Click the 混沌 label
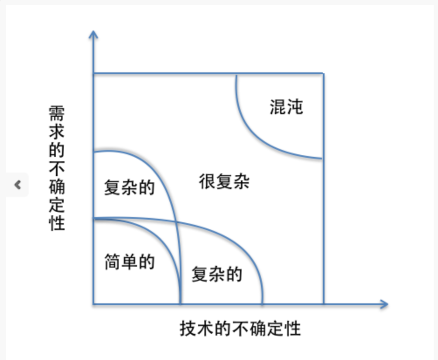[x=286, y=107]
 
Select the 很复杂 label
[x=224, y=181]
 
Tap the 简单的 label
[x=130, y=262]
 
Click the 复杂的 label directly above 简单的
[x=129, y=188]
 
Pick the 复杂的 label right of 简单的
[x=217, y=274]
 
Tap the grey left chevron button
[x=17, y=185]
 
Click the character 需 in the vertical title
[x=57, y=115]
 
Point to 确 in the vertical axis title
[x=57, y=186]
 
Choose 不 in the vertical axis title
[x=57, y=168]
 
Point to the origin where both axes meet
[x=93, y=304]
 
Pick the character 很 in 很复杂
[x=207, y=181]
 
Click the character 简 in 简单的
[x=113, y=262]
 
